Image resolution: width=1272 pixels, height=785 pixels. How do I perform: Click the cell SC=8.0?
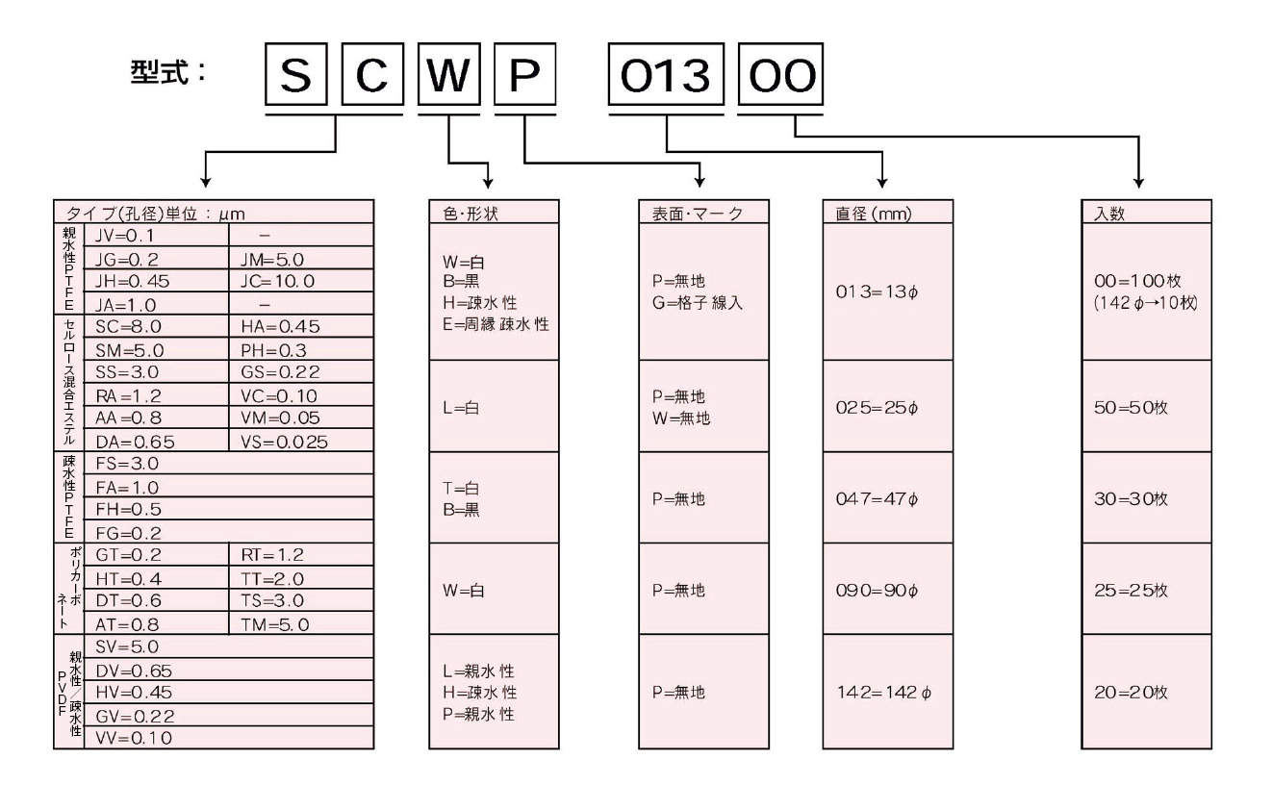click(127, 327)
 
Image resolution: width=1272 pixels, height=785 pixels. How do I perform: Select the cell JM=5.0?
click(271, 259)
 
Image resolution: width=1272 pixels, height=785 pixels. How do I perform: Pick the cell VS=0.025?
click(284, 442)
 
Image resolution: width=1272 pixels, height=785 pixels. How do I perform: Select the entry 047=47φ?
click(877, 499)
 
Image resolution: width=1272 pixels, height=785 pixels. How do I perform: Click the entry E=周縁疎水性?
click(496, 325)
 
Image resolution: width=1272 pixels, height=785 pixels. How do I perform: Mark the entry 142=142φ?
click(883, 692)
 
